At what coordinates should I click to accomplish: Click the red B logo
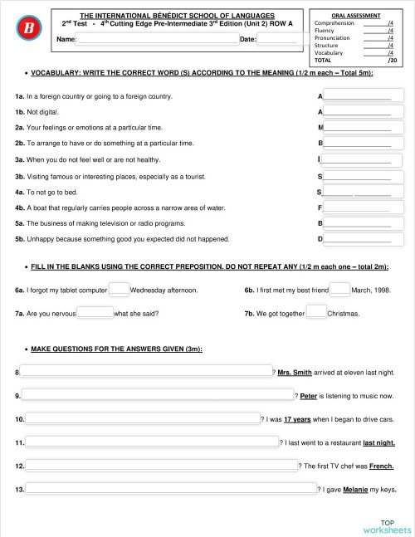[28, 30]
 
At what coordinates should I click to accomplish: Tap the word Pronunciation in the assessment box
[335, 37]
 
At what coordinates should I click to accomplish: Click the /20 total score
[392, 61]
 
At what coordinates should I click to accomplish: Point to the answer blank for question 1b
[357, 111]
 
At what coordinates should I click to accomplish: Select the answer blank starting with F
[357, 207]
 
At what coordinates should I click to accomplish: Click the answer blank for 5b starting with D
[357, 238]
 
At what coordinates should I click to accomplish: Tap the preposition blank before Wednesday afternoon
[119, 290]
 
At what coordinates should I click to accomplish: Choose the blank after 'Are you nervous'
[95, 313]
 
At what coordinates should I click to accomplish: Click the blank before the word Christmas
[316, 313]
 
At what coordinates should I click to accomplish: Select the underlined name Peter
[309, 396]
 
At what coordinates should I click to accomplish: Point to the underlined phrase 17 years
[298, 420]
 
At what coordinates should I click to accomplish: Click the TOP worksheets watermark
[386, 526]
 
